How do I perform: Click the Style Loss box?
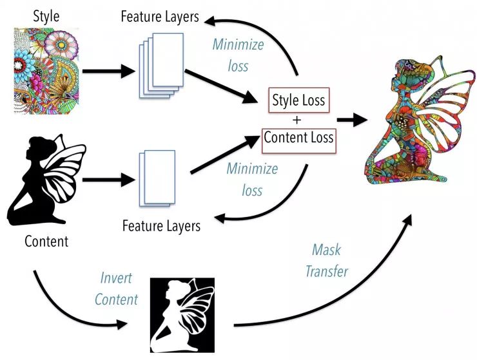tap(298, 100)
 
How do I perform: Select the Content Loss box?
tap(298, 138)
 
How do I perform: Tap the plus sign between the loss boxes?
tap(298, 119)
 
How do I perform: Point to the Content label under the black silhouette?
tap(46, 242)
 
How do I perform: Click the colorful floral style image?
tap(45, 71)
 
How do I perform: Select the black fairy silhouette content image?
tap(46, 180)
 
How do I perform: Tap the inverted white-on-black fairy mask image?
tap(182, 315)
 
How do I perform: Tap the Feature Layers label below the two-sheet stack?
tap(161, 226)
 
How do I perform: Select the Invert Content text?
tap(116, 289)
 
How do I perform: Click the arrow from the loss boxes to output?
tap(351, 119)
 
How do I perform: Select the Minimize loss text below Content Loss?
tap(252, 180)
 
